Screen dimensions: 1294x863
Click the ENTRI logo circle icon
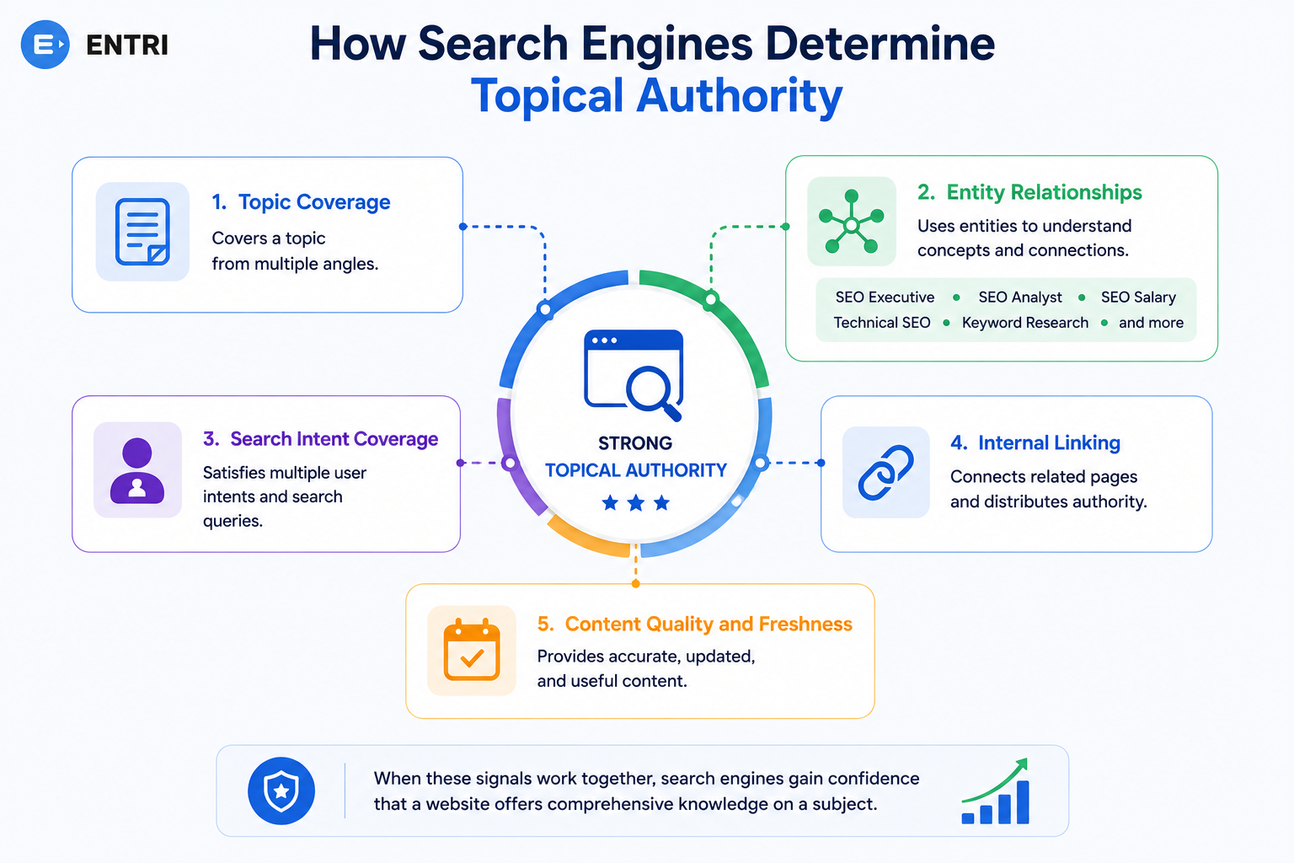(x=45, y=45)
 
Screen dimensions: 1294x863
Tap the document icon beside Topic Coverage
(x=142, y=232)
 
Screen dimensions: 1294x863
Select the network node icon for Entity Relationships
(x=852, y=222)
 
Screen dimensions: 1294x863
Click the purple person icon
(x=137, y=470)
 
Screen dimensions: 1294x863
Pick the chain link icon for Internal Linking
(x=885, y=472)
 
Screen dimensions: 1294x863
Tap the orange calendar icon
(x=472, y=650)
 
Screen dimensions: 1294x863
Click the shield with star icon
(x=281, y=791)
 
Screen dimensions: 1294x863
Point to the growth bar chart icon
(x=995, y=791)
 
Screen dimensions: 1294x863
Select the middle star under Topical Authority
(x=635, y=503)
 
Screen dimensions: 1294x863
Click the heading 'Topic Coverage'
(x=314, y=201)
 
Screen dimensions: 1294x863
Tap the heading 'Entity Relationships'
(x=1044, y=192)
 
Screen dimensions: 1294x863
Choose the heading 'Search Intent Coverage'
(x=334, y=439)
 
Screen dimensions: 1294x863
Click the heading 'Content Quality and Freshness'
(x=708, y=624)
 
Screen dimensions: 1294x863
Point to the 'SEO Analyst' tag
(x=1019, y=297)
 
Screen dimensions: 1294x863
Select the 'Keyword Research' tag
(x=1024, y=323)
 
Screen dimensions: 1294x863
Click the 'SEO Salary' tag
(x=1138, y=297)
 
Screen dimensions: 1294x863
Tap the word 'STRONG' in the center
(x=635, y=443)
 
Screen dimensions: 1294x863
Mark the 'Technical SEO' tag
(x=881, y=323)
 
